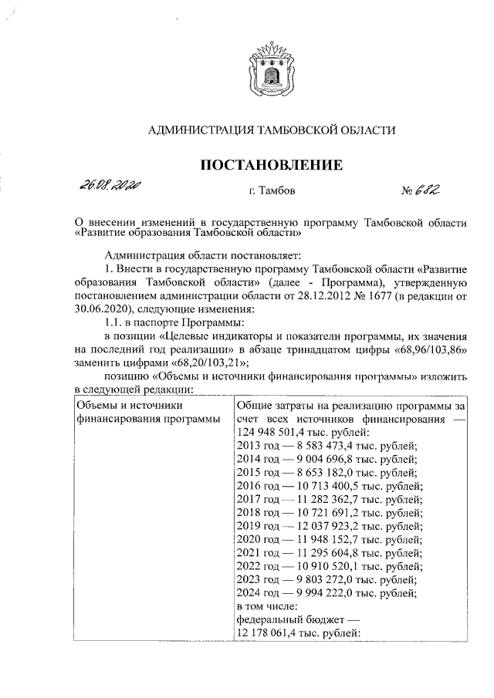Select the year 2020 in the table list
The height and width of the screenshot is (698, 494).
[x=252, y=540]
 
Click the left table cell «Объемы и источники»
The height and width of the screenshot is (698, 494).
[x=127, y=405]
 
